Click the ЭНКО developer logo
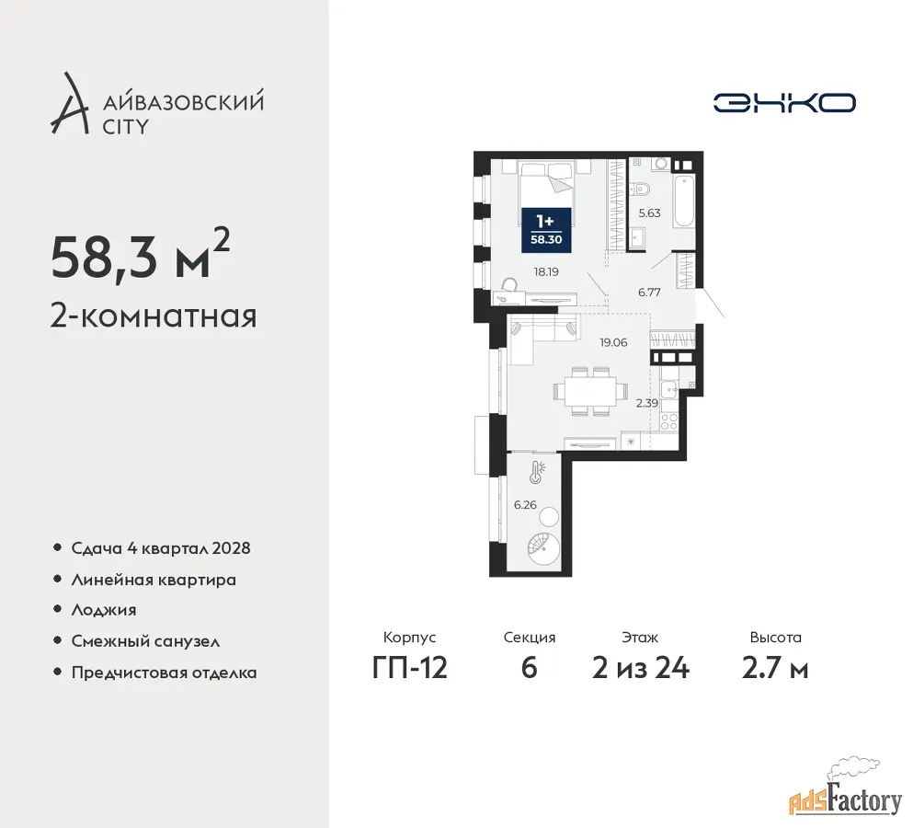(x=784, y=102)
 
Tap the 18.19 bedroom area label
(x=546, y=271)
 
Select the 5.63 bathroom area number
(x=649, y=213)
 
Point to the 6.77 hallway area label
(x=649, y=293)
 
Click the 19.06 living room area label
(x=613, y=342)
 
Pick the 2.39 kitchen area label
(x=647, y=403)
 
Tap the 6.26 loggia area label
(x=525, y=505)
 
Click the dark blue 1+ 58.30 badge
(x=546, y=230)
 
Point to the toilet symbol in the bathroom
(x=640, y=189)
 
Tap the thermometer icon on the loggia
(x=536, y=473)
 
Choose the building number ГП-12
(x=409, y=668)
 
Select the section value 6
(x=529, y=668)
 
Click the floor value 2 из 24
(x=641, y=668)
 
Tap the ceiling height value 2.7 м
(x=775, y=668)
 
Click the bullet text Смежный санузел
(x=145, y=641)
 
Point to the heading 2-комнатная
(x=154, y=316)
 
